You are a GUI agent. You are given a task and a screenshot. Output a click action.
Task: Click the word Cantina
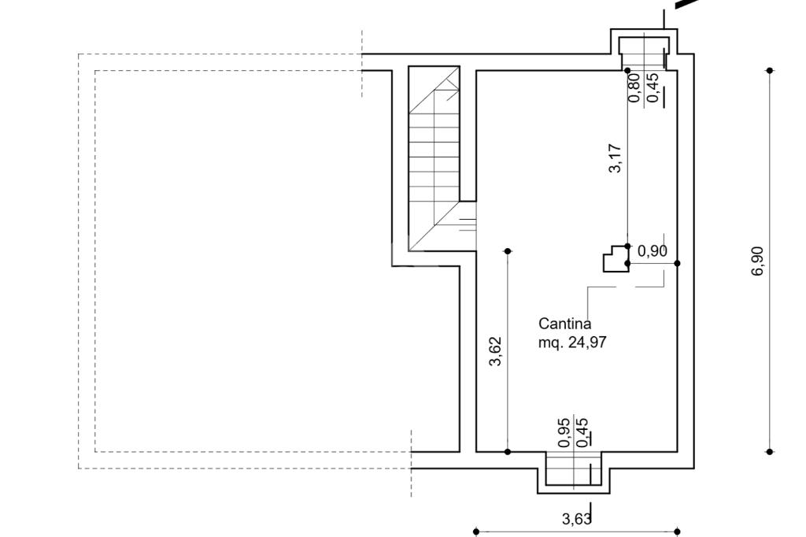(564, 324)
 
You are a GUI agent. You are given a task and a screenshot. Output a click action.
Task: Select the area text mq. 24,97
(572, 342)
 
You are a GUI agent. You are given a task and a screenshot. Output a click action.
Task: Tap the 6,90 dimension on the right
(758, 261)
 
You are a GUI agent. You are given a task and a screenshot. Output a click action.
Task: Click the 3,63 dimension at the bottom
(576, 519)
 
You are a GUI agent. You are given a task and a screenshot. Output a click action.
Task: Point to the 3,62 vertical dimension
(495, 351)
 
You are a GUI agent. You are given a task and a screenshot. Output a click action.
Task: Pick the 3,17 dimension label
(616, 158)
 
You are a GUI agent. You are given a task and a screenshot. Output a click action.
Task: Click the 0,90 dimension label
(653, 251)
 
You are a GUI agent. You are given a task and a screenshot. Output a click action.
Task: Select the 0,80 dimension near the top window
(634, 88)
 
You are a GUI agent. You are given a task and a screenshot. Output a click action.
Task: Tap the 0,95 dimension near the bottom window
(564, 432)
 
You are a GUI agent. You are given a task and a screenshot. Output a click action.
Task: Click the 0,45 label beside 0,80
(653, 88)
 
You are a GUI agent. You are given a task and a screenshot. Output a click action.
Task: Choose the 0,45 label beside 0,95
(582, 432)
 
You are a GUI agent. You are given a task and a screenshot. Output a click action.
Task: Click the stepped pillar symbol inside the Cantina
(616, 258)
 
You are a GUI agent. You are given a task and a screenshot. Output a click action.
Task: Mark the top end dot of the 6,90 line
(770, 70)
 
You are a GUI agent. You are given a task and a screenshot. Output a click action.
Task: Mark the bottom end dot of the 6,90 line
(770, 452)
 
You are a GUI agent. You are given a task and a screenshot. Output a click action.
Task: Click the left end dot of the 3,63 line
(476, 531)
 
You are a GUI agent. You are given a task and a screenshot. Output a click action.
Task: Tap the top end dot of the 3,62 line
(508, 251)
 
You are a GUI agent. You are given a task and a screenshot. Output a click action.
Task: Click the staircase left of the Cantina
(434, 158)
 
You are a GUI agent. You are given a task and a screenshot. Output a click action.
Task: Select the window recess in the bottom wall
(574, 472)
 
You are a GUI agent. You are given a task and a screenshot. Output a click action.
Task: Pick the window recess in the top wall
(644, 50)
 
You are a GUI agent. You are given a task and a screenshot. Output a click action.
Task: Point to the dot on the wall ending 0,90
(678, 263)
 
